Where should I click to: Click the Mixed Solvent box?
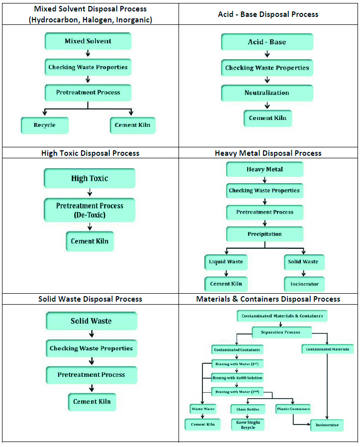(88, 41)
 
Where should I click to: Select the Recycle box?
(45, 125)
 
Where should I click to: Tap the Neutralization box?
(267, 93)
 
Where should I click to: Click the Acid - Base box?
(267, 42)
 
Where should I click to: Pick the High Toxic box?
(90, 178)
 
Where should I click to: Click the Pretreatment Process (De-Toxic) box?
(90, 210)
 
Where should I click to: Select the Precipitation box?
(265, 234)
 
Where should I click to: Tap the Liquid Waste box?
(226, 262)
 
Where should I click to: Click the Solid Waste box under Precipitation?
(304, 262)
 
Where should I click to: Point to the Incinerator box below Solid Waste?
(304, 284)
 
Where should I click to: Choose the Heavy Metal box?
(265, 169)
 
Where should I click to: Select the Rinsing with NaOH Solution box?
(237, 378)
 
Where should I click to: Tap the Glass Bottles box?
(248, 409)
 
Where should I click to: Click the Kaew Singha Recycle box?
(248, 425)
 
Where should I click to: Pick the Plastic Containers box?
(293, 409)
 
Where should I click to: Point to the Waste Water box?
(203, 409)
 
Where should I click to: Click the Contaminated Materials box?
(328, 349)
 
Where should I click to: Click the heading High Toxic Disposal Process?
(90, 153)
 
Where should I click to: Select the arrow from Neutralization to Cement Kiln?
(267, 106)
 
